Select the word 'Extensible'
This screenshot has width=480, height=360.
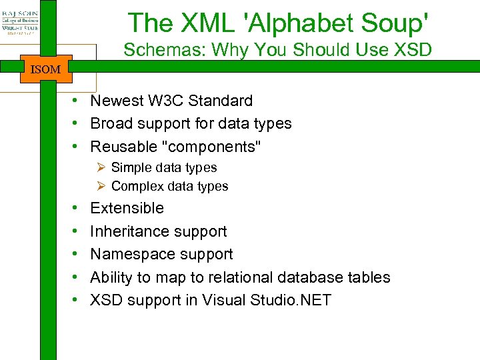click(127, 208)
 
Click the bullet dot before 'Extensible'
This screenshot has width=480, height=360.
click(77, 208)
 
